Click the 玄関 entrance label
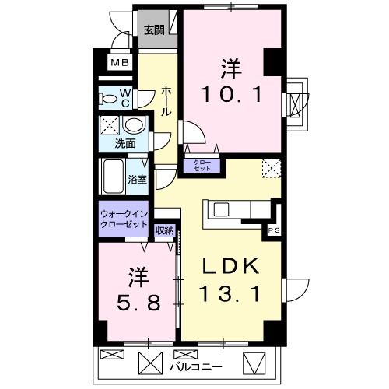click(154, 31)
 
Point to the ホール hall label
click(166, 101)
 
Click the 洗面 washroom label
click(125, 144)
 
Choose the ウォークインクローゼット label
click(124, 218)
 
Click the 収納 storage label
click(164, 230)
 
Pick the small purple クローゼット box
click(202, 164)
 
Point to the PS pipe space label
click(273, 230)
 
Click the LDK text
click(232, 267)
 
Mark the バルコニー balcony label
click(196, 365)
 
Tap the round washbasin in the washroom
click(134, 126)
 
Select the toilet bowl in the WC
click(109, 99)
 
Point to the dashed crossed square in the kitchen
click(270, 167)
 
